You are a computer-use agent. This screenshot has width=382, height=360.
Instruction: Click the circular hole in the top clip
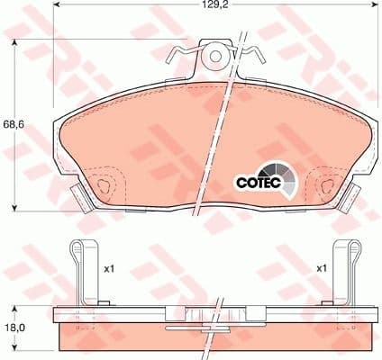point(215,56)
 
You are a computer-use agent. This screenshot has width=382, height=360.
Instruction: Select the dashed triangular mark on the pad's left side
point(105,186)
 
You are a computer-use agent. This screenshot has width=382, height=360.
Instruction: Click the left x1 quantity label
point(110,268)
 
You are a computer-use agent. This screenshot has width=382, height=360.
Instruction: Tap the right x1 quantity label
point(320,268)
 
